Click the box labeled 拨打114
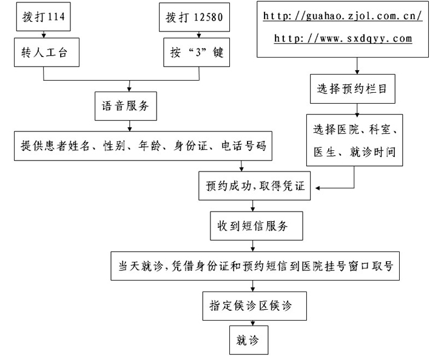[43, 16]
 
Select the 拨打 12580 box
[194, 17]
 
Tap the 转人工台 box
[47, 52]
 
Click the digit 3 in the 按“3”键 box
[198, 52]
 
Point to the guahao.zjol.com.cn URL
[343, 16]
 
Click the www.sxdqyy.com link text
[343, 38]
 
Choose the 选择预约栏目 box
[352, 89]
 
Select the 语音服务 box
[126, 106]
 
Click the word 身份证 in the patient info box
[190, 145]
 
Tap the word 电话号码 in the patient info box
[244, 145]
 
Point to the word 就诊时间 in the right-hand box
[372, 152]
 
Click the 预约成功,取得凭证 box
[255, 186]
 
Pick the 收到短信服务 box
[257, 226]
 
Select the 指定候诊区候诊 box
[255, 306]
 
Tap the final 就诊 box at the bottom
[249, 340]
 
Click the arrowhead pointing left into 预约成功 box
[317, 188]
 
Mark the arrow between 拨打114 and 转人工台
[44, 35]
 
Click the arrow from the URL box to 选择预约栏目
[357, 66]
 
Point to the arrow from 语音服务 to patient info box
[129, 126]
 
